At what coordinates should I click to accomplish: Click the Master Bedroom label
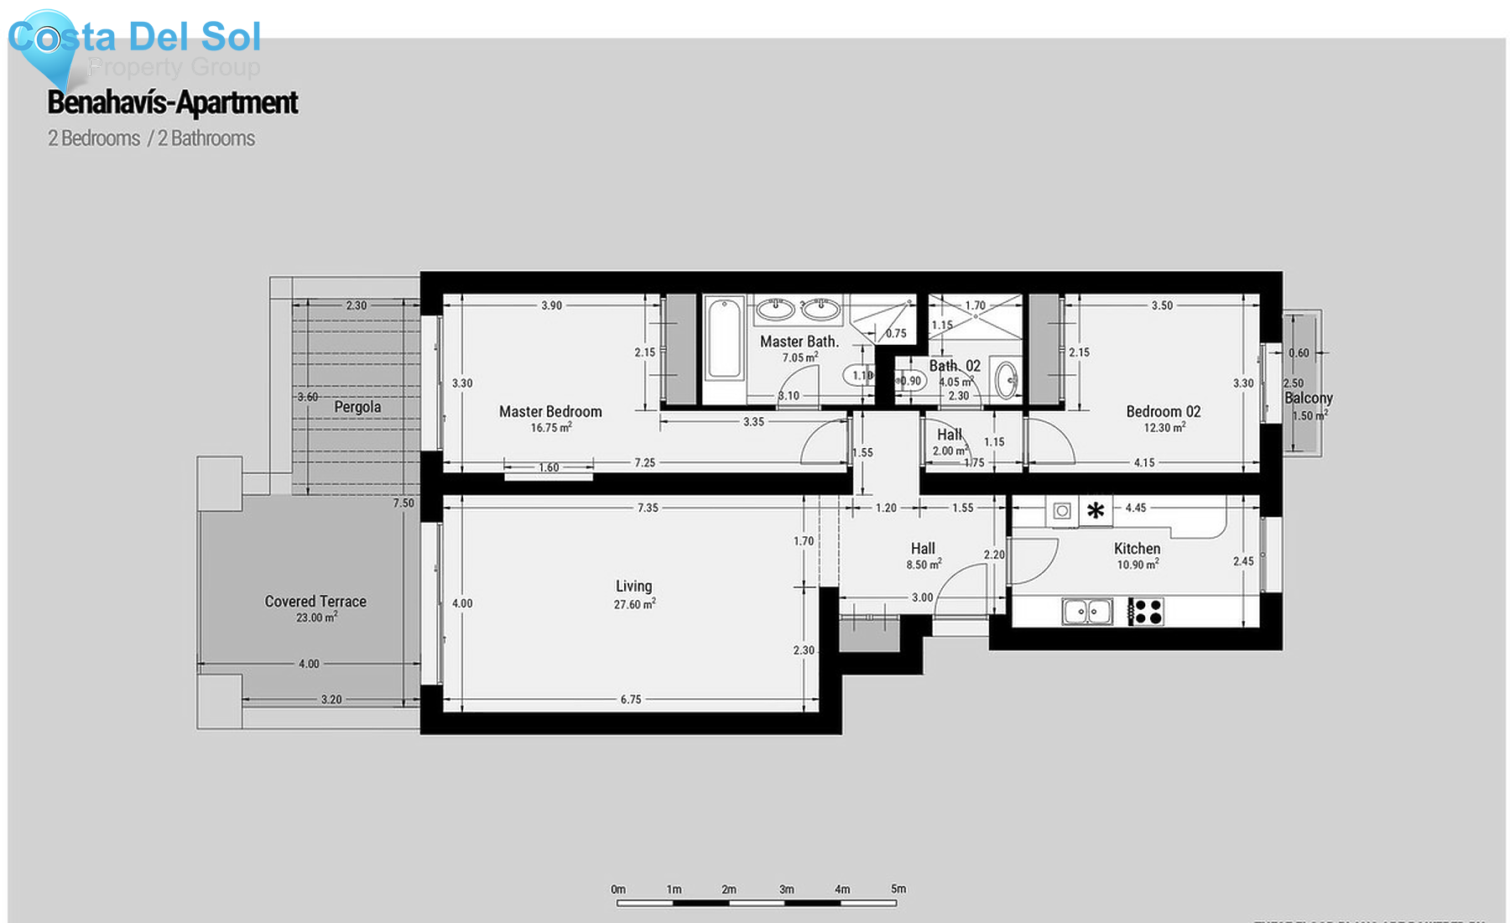550,411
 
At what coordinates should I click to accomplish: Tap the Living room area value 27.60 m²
634,604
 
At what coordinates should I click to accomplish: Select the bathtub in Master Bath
724,339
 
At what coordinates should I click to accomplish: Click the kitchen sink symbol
1087,612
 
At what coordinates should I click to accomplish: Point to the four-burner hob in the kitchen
1146,612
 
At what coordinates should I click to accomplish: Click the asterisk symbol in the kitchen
1096,510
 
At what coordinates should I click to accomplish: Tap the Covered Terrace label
315,601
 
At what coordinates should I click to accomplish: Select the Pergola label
357,407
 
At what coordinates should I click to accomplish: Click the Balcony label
1308,398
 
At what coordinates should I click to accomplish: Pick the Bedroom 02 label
1163,411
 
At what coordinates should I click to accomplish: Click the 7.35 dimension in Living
648,508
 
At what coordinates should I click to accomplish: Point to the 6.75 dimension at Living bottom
631,699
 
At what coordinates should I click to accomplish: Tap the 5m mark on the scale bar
898,889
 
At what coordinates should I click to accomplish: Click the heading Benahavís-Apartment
172,102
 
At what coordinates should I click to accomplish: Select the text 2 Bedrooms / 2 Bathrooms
151,138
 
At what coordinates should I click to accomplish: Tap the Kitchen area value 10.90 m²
1138,565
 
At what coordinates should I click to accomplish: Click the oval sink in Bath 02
1006,380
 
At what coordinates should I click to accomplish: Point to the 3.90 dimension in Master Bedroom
551,305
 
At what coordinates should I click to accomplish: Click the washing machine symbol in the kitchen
1062,510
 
